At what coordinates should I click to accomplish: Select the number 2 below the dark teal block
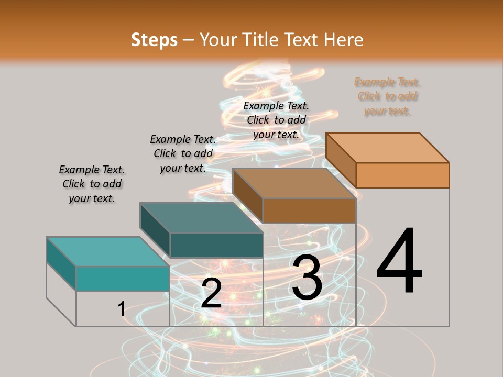[211, 293]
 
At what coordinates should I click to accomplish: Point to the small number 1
[122, 309]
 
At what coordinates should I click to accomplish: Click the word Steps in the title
[154, 40]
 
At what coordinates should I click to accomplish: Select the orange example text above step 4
[387, 96]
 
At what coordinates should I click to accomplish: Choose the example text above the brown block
[276, 120]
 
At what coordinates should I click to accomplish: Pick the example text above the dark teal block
[183, 153]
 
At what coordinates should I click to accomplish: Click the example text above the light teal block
[92, 184]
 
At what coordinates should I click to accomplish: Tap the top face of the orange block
[388, 147]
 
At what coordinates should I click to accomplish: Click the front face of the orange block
[402, 175]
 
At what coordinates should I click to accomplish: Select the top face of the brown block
[294, 183]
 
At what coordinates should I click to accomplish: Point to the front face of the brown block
[309, 210]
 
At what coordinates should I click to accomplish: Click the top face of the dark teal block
[201, 218]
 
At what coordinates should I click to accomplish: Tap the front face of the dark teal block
[216, 245]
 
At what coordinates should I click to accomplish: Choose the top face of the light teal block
[108, 251]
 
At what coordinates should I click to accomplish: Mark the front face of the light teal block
[123, 279]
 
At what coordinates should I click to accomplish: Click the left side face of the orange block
[341, 160]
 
